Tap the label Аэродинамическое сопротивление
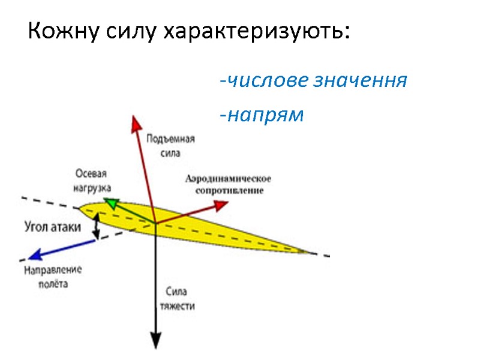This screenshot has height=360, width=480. pyautogui.click(x=229, y=184)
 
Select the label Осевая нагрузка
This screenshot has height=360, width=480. pyautogui.click(x=91, y=181)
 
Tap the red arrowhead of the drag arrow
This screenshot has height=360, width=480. pyautogui.click(x=221, y=206)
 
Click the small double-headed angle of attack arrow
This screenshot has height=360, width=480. pyautogui.click(x=95, y=226)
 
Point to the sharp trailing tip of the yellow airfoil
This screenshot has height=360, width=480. pyautogui.click(x=312, y=253)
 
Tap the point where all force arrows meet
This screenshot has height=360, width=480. pyautogui.click(x=156, y=223)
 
